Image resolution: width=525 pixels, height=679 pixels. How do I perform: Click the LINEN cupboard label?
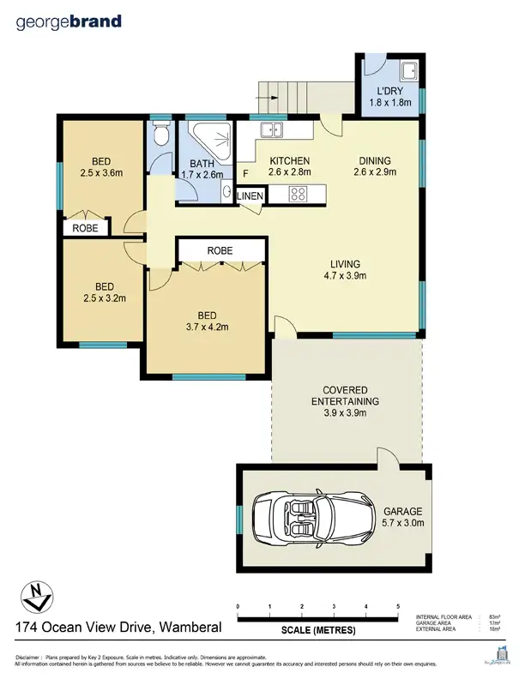coord(250,196)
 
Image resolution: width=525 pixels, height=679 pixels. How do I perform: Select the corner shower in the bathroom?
coord(209,141)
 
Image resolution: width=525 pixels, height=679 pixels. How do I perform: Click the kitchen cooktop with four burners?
coord(299,195)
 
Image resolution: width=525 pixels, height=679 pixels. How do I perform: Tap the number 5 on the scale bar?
coord(398,606)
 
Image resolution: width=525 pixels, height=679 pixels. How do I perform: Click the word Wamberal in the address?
coord(190,628)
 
